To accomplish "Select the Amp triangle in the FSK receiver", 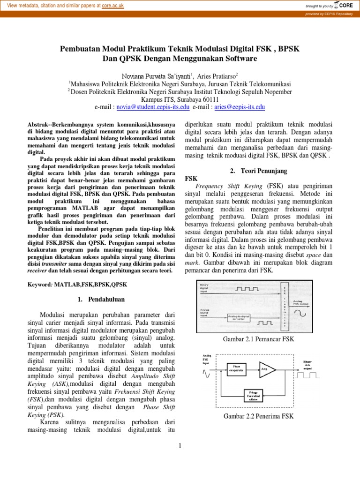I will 267,369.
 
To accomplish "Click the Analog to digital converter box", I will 243,317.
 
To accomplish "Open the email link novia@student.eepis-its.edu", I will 153,107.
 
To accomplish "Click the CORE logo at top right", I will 344,5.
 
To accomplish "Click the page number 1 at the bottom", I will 180,445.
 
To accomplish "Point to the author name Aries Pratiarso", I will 217,76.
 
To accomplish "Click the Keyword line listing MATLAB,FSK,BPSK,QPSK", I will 77,285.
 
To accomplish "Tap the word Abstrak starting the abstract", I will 39,124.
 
